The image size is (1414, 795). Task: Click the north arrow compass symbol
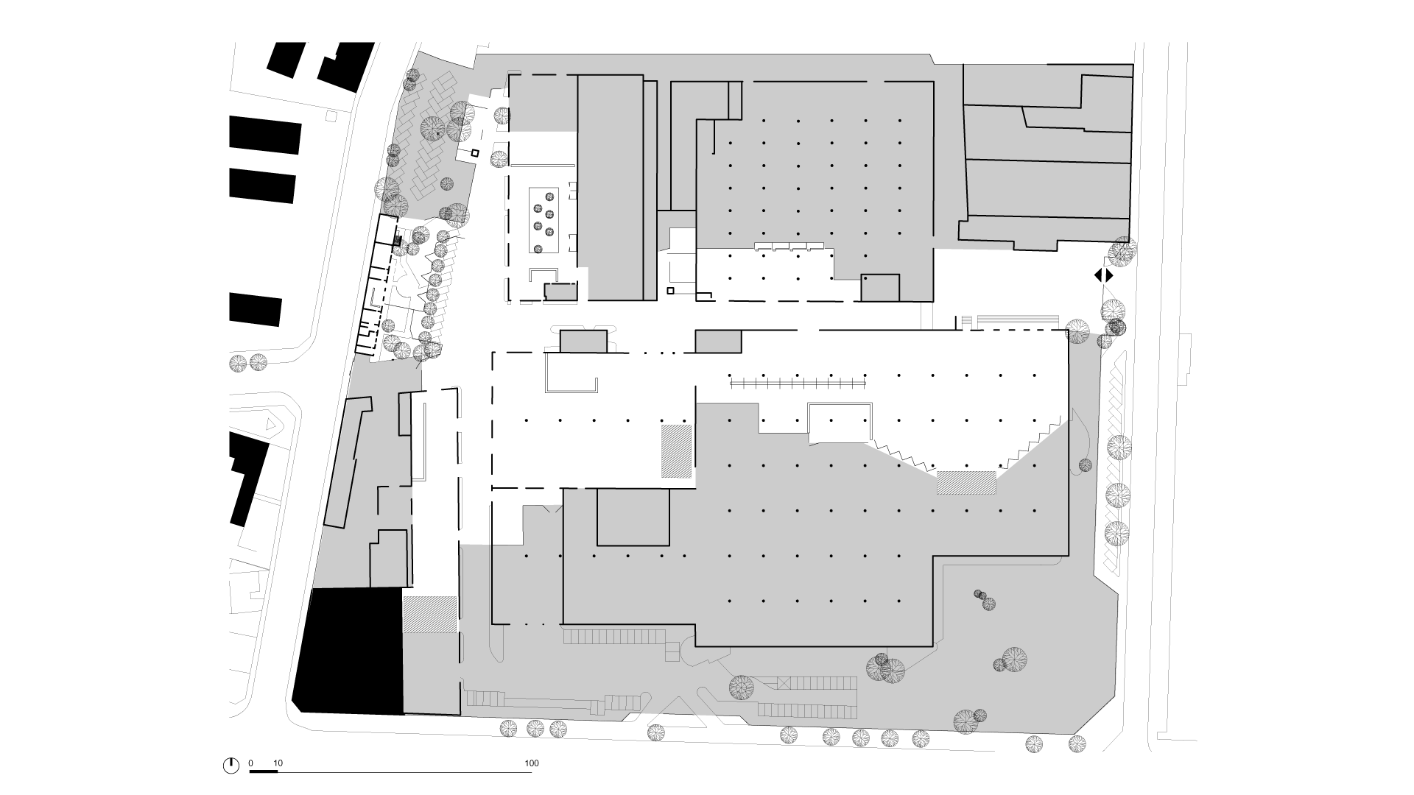(x=231, y=766)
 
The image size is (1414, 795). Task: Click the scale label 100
(x=532, y=763)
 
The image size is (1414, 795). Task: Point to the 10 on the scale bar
(x=277, y=763)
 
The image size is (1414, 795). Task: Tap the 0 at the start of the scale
(x=250, y=763)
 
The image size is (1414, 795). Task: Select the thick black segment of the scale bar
(x=264, y=771)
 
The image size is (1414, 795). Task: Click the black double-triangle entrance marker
(x=1103, y=276)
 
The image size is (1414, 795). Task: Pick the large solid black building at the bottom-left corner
(x=348, y=651)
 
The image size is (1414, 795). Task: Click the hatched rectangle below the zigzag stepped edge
(x=966, y=483)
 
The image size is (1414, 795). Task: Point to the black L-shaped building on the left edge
(x=248, y=478)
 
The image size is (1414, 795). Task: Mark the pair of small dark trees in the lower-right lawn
(x=985, y=600)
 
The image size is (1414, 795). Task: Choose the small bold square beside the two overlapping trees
(x=475, y=153)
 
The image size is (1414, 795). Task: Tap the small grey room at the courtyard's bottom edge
(x=561, y=291)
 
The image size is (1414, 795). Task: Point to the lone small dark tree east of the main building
(x=1085, y=464)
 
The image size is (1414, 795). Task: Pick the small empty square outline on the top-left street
(x=331, y=116)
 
